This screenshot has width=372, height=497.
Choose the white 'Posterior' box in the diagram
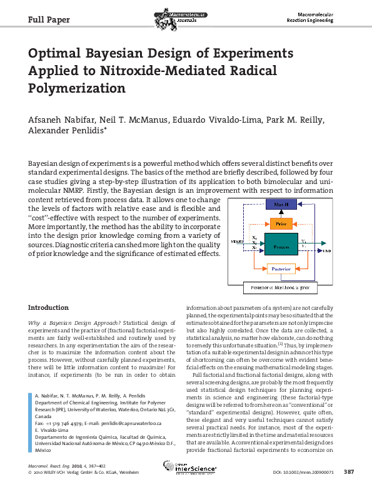click(x=280, y=270)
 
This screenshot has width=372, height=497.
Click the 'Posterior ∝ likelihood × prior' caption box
click(x=279, y=288)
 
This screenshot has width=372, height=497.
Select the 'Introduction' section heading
click(x=49, y=307)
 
